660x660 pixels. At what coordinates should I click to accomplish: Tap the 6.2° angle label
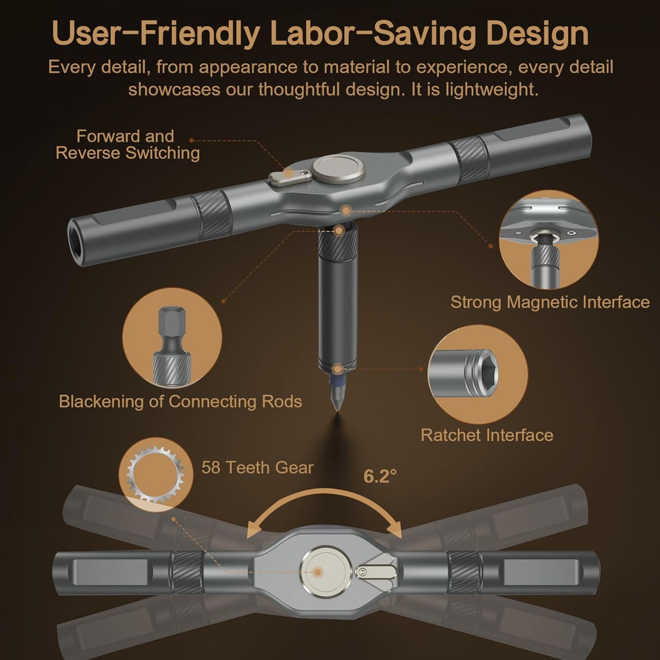(380, 476)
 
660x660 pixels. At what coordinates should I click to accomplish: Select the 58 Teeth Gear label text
(257, 467)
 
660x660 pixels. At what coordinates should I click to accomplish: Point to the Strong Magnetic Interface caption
(550, 302)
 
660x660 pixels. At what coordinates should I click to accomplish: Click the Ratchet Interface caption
(487, 435)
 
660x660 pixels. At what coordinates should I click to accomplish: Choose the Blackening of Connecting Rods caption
(180, 401)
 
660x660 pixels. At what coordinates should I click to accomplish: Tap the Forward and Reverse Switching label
(128, 144)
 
